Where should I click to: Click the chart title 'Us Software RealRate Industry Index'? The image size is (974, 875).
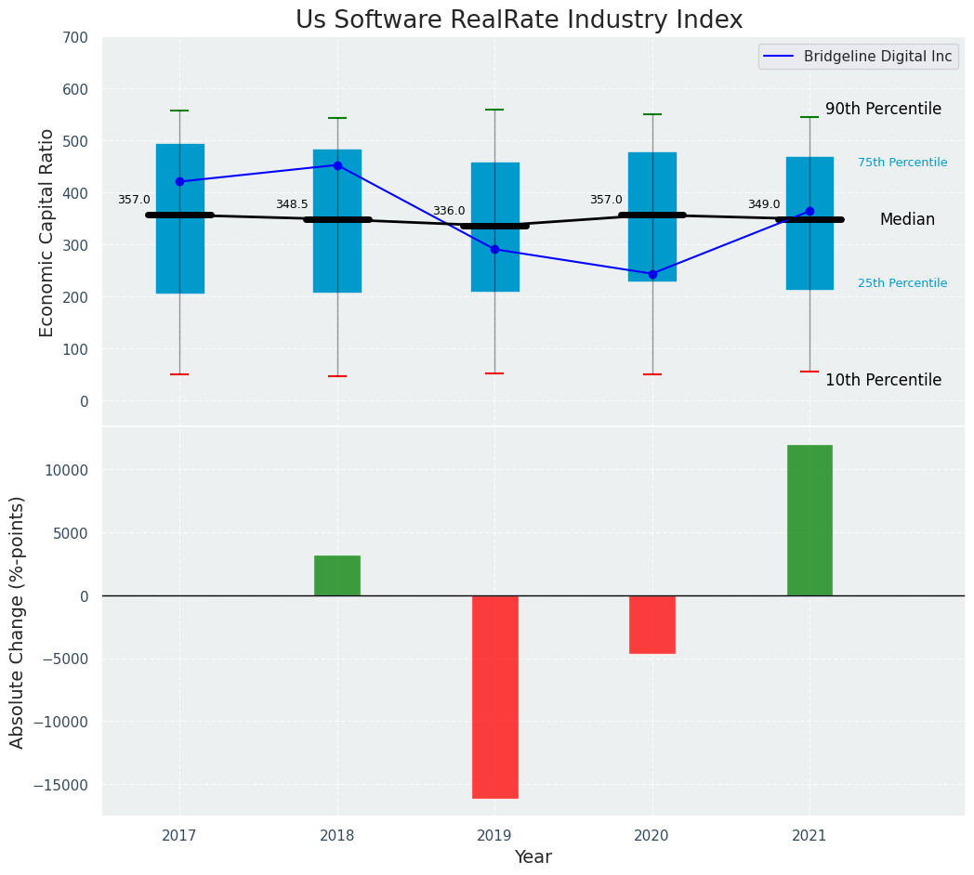click(519, 20)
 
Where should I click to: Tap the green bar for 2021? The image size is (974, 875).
click(809, 520)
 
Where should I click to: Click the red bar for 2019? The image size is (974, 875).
click(494, 697)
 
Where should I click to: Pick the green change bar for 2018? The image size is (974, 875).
click(337, 575)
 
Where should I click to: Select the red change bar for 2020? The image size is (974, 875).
click(652, 624)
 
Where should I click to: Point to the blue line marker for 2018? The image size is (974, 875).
click(337, 165)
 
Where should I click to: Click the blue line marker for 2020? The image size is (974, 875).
click(652, 274)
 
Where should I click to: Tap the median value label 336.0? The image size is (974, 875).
click(449, 211)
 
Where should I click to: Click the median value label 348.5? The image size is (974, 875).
click(292, 204)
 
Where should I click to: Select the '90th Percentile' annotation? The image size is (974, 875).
click(883, 109)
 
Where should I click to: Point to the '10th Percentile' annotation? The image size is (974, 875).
click(883, 380)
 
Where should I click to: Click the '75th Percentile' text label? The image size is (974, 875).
click(902, 163)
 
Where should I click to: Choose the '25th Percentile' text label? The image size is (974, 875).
click(902, 283)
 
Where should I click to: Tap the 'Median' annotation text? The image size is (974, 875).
click(907, 219)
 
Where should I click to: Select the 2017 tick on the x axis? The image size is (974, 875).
click(179, 836)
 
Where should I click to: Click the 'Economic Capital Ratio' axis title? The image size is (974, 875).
click(47, 232)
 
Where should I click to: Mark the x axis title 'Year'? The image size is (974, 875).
click(533, 857)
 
